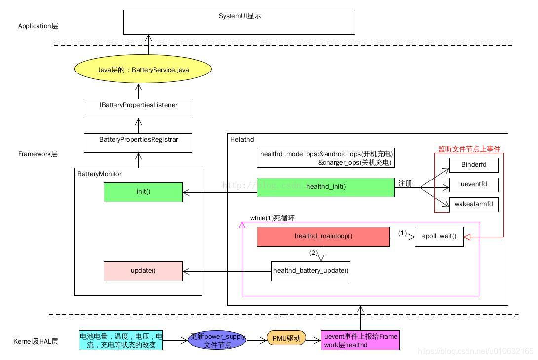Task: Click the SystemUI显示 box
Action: (x=239, y=22)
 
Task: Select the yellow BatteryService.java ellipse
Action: (x=143, y=70)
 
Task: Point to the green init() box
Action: (x=143, y=192)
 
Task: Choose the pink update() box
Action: (x=143, y=271)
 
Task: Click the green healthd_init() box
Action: (x=325, y=187)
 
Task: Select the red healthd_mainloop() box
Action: (x=323, y=236)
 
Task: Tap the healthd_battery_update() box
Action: (x=311, y=271)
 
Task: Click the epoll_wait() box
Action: (x=439, y=236)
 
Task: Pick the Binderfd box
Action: (x=473, y=165)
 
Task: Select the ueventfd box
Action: (x=473, y=185)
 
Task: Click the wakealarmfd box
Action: (x=473, y=204)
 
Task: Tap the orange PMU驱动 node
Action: (x=286, y=338)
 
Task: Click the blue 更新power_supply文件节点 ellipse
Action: (x=217, y=340)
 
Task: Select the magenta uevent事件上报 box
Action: (x=360, y=340)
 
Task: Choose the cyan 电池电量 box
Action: (x=121, y=340)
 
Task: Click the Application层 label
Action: (x=38, y=26)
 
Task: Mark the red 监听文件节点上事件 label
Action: (x=469, y=149)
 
